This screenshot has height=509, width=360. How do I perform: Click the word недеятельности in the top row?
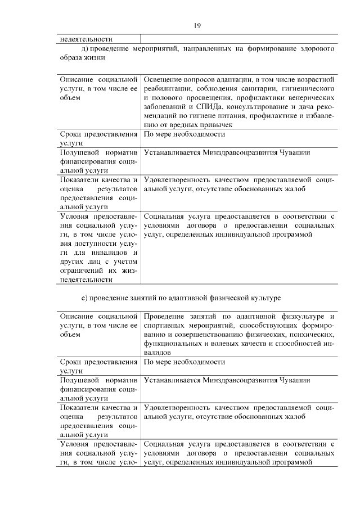86,39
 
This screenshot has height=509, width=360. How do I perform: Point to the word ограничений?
80,271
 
